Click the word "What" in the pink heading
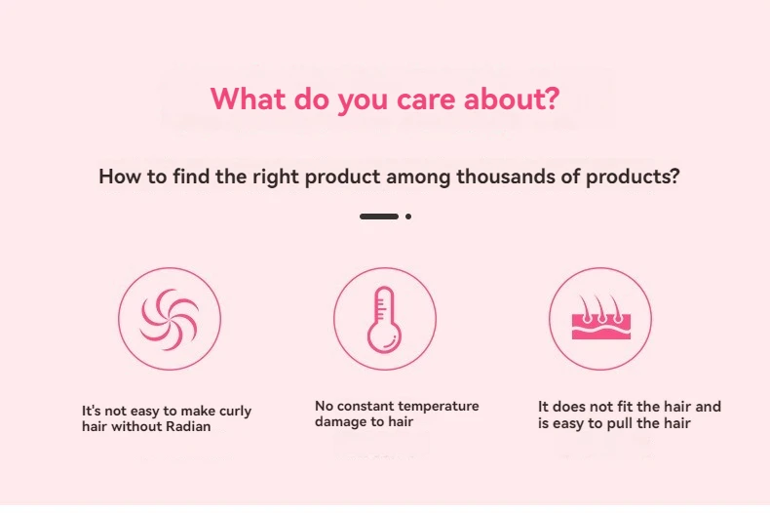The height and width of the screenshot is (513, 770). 248,99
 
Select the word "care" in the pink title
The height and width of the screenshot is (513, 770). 426,100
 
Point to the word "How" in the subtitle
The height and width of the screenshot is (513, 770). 119,177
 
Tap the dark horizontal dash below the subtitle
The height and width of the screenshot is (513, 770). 379,217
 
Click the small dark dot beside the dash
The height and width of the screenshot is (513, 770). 408,217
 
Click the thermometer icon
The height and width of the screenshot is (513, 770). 384,319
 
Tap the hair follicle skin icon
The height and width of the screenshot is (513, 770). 601,317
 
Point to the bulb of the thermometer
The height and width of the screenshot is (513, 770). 384,338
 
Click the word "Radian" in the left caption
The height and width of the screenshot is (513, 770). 188,426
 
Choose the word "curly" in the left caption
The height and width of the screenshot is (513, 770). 235,412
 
